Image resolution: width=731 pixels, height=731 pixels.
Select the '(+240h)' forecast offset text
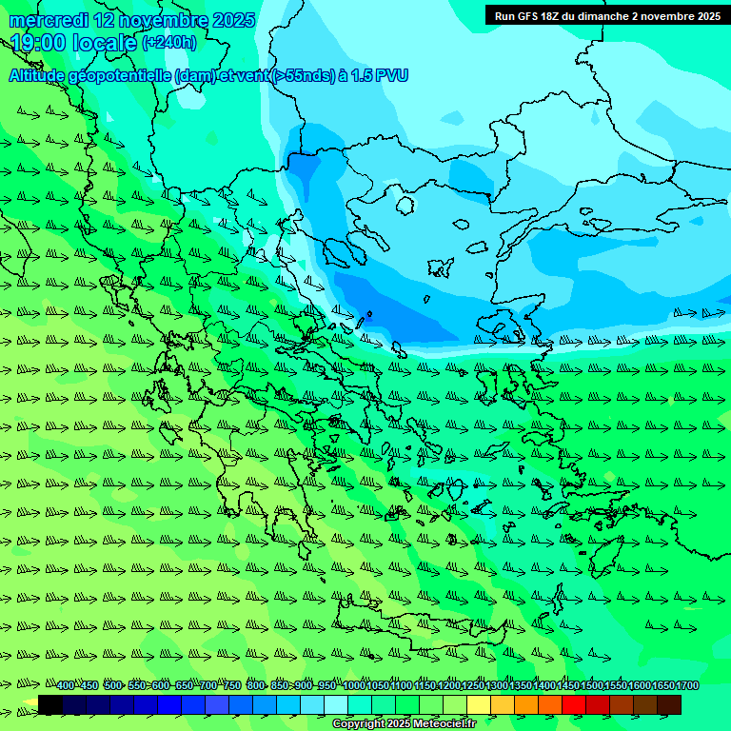[169, 43]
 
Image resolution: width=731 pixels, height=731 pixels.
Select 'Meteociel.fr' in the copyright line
[444, 724]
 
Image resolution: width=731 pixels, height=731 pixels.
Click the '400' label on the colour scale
[66, 686]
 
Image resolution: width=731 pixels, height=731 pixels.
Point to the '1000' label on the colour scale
[354, 686]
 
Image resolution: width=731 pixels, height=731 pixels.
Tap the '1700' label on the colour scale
[687, 686]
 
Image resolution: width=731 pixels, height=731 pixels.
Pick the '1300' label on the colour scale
[497, 686]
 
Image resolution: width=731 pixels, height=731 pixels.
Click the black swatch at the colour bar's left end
[50, 705]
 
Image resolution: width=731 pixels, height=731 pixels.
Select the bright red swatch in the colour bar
[574, 705]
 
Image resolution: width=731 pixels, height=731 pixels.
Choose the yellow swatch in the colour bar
[479, 705]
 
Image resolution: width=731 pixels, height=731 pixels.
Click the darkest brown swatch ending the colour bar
[669, 705]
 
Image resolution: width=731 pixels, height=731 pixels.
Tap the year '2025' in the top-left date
[233, 20]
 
